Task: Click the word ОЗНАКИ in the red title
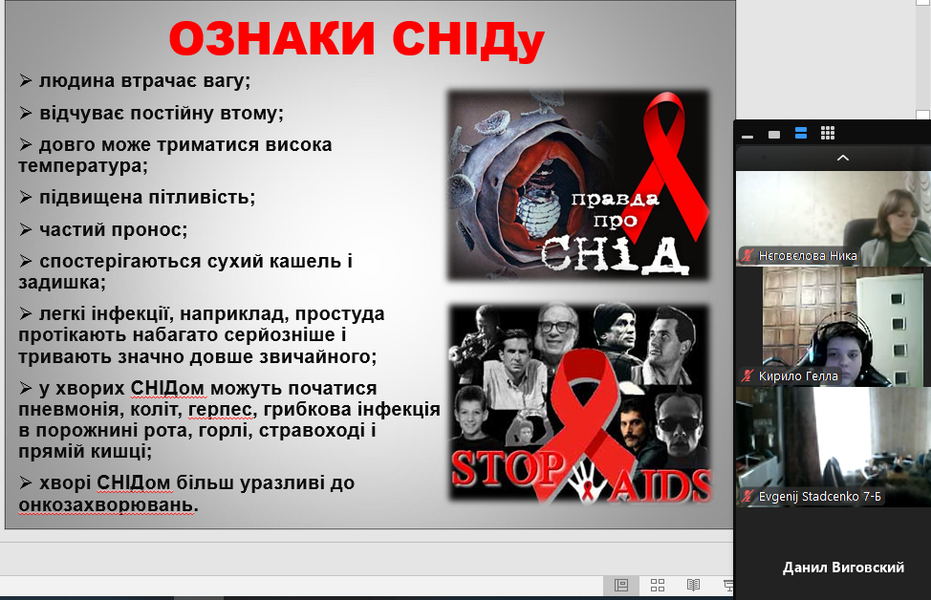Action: click(271, 39)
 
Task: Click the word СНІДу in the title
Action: click(468, 40)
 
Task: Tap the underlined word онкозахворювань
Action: click(107, 505)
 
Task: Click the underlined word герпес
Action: click(220, 410)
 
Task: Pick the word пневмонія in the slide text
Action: click(68, 410)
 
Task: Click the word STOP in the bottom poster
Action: click(506, 470)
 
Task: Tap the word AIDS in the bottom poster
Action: click(660, 484)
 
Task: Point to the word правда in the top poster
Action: click(616, 199)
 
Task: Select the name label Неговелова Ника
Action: click(808, 256)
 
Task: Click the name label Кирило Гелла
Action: click(798, 376)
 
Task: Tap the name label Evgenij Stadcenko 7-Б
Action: click(819, 496)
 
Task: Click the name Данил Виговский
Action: click(843, 568)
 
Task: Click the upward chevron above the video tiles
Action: click(842, 158)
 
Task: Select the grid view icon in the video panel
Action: click(828, 133)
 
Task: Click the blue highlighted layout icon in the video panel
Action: click(801, 134)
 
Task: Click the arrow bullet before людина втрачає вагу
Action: click(26, 80)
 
